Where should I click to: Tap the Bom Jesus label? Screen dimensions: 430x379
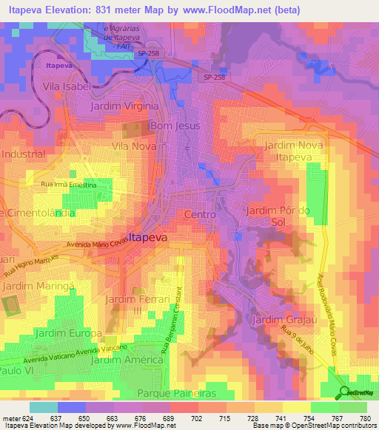point(175,126)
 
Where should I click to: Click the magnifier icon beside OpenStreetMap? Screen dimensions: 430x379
point(343,393)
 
